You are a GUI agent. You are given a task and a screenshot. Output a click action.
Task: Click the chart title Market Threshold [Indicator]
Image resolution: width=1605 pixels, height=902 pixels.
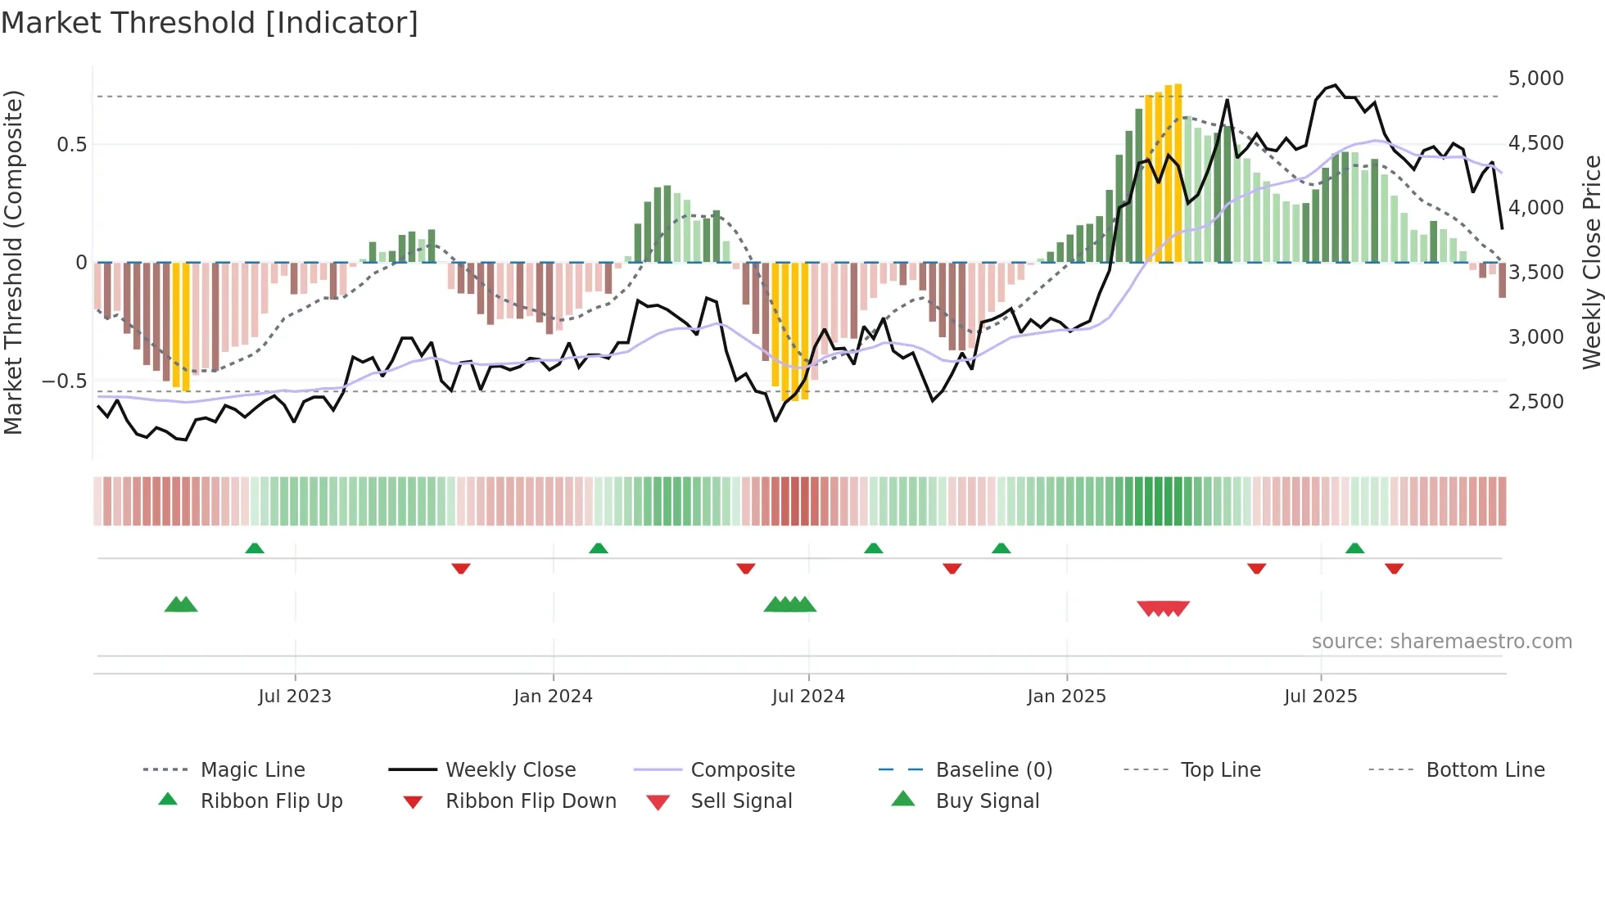(x=210, y=23)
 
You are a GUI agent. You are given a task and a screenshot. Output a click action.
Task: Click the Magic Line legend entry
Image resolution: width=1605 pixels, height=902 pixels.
(x=252, y=769)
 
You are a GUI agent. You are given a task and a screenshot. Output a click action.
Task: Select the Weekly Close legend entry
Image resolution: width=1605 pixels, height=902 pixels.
(x=510, y=769)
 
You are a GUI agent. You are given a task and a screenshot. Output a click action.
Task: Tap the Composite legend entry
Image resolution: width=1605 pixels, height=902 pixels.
(x=742, y=769)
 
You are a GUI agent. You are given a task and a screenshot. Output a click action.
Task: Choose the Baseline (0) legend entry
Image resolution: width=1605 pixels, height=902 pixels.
(x=993, y=769)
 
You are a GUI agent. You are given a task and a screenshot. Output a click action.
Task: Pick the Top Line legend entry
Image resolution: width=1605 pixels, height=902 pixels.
(x=1220, y=769)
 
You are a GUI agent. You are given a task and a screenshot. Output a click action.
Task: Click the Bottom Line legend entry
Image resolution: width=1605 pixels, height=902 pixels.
(x=1485, y=769)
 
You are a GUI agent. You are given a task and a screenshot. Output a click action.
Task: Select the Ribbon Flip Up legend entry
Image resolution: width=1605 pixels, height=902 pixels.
(x=271, y=801)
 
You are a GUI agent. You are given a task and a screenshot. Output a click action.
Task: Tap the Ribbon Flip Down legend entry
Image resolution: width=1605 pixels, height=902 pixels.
(x=530, y=801)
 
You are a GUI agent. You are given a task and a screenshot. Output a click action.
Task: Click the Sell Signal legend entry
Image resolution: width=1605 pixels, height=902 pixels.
(x=740, y=801)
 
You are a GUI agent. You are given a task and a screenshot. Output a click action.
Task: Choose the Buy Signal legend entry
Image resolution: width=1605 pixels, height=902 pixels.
(x=987, y=801)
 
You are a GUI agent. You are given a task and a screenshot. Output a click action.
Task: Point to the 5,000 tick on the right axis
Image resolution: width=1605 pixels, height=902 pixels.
(x=1535, y=79)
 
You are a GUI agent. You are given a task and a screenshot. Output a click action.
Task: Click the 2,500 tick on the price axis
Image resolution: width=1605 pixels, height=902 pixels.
(x=1535, y=402)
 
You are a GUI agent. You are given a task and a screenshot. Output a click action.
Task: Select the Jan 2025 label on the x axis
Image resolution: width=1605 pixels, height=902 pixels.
(x=1066, y=697)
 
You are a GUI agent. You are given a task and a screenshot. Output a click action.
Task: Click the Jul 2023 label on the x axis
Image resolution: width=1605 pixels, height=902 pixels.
(x=295, y=697)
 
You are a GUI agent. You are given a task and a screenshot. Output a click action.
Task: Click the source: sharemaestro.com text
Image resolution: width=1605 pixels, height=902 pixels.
(x=1441, y=642)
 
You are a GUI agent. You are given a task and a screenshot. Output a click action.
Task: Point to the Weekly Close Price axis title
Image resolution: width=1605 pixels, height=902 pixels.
(x=1591, y=262)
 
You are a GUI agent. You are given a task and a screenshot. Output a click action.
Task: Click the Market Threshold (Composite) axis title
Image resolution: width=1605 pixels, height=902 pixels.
(x=13, y=262)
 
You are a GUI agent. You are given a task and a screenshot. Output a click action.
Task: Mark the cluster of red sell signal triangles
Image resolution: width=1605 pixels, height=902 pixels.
(x=1163, y=608)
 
